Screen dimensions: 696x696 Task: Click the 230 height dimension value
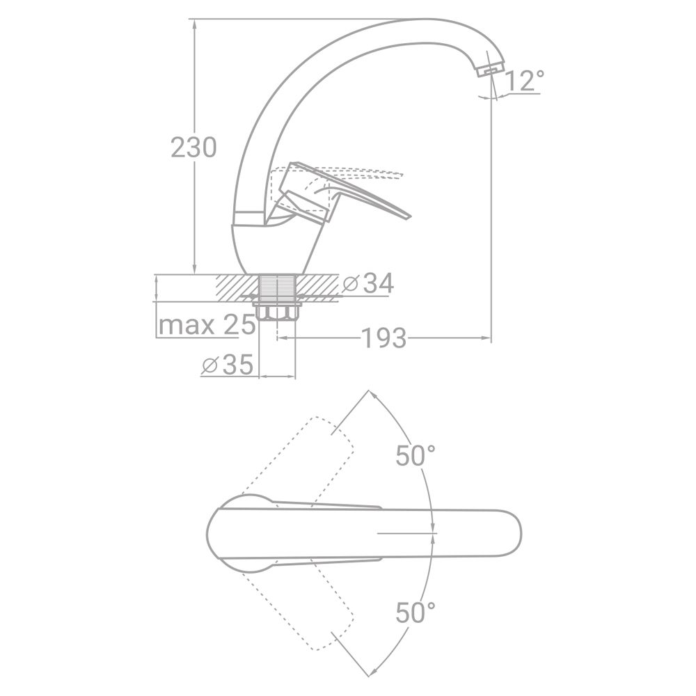point(194,148)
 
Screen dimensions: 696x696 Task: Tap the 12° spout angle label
point(524,81)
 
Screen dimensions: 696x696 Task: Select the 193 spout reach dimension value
point(384,338)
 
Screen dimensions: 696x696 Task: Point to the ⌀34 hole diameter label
point(368,283)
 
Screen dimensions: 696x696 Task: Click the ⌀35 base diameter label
point(228,365)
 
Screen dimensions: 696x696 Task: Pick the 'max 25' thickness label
point(207,325)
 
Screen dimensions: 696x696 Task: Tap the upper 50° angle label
point(416,455)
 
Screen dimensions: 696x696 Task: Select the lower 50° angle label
point(416,612)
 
